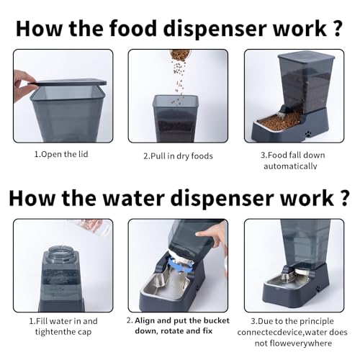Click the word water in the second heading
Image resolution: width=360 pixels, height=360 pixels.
[x=134, y=198]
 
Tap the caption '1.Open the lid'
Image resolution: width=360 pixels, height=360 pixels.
[x=61, y=154]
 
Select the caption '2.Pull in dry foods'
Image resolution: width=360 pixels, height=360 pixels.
[x=178, y=156]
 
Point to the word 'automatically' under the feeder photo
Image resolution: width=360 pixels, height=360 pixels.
[x=290, y=166]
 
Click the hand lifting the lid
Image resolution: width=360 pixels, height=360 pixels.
[x=24, y=81]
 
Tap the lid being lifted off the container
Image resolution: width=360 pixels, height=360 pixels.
[x=70, y=83]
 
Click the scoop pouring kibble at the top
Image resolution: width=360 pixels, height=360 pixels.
[x=179, y=55]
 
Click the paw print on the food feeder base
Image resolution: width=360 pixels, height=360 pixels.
[x=308, y=132]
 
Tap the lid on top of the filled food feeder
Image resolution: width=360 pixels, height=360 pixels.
[x=306, y=56]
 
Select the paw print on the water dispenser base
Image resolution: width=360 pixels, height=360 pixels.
[x=318, y=289]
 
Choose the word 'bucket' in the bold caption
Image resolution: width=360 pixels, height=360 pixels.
[x=217, y=320]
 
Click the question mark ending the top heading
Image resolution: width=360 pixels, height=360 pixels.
[x=337, y=28]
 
